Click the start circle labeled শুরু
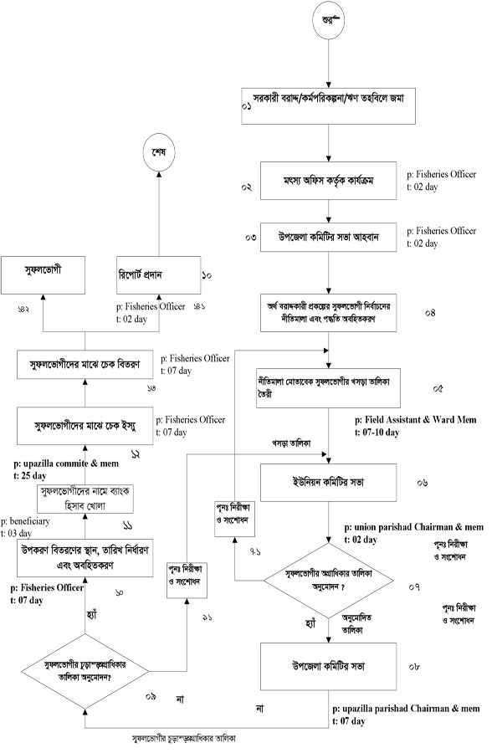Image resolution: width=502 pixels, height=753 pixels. [x=329, y=18]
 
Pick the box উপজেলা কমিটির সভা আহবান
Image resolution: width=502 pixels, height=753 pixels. [x=330, y=238]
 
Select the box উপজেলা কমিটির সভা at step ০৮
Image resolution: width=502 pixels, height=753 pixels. [x=329, y=666]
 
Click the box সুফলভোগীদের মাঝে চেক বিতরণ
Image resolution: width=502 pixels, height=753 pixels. [x=88, y=364]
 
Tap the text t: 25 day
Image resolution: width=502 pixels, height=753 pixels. [x=33, y=472]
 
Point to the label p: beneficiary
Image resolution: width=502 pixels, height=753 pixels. [x=30, y=521]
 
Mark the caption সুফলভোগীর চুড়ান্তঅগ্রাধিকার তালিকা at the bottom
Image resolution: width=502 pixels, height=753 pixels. [x=190, y=740]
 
